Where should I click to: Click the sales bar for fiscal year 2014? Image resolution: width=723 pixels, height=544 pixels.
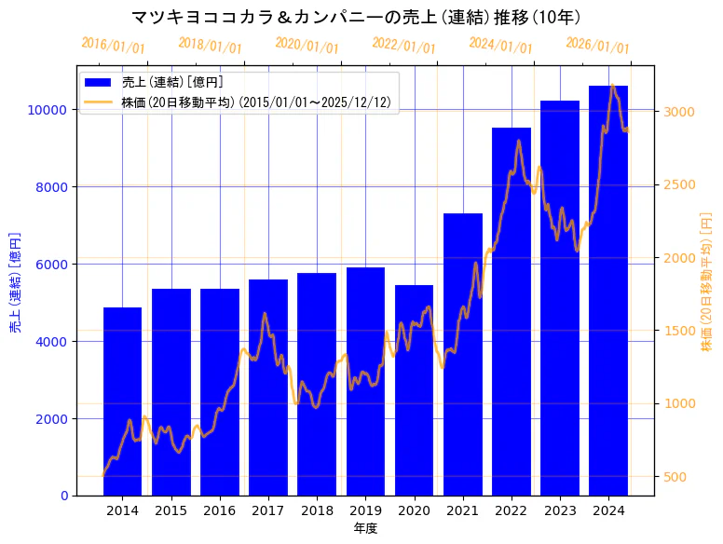122,401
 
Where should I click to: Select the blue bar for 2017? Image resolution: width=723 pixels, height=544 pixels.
268,387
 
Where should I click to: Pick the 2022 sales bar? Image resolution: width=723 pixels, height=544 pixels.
512,311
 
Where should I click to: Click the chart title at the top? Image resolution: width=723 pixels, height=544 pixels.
357,17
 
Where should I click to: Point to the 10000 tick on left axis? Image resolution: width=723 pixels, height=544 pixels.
50,110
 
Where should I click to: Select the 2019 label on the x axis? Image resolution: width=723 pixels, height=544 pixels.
365,511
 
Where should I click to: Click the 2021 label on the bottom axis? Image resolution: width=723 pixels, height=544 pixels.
463,511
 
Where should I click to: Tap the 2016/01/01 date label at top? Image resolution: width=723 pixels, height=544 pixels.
114,45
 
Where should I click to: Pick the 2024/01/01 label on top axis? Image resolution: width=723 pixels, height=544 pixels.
501,45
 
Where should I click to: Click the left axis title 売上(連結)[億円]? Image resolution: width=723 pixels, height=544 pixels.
15,283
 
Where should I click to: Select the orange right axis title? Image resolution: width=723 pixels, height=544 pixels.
706,283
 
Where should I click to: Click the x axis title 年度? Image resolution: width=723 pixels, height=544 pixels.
365,529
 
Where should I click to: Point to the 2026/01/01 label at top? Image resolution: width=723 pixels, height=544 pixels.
598,45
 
